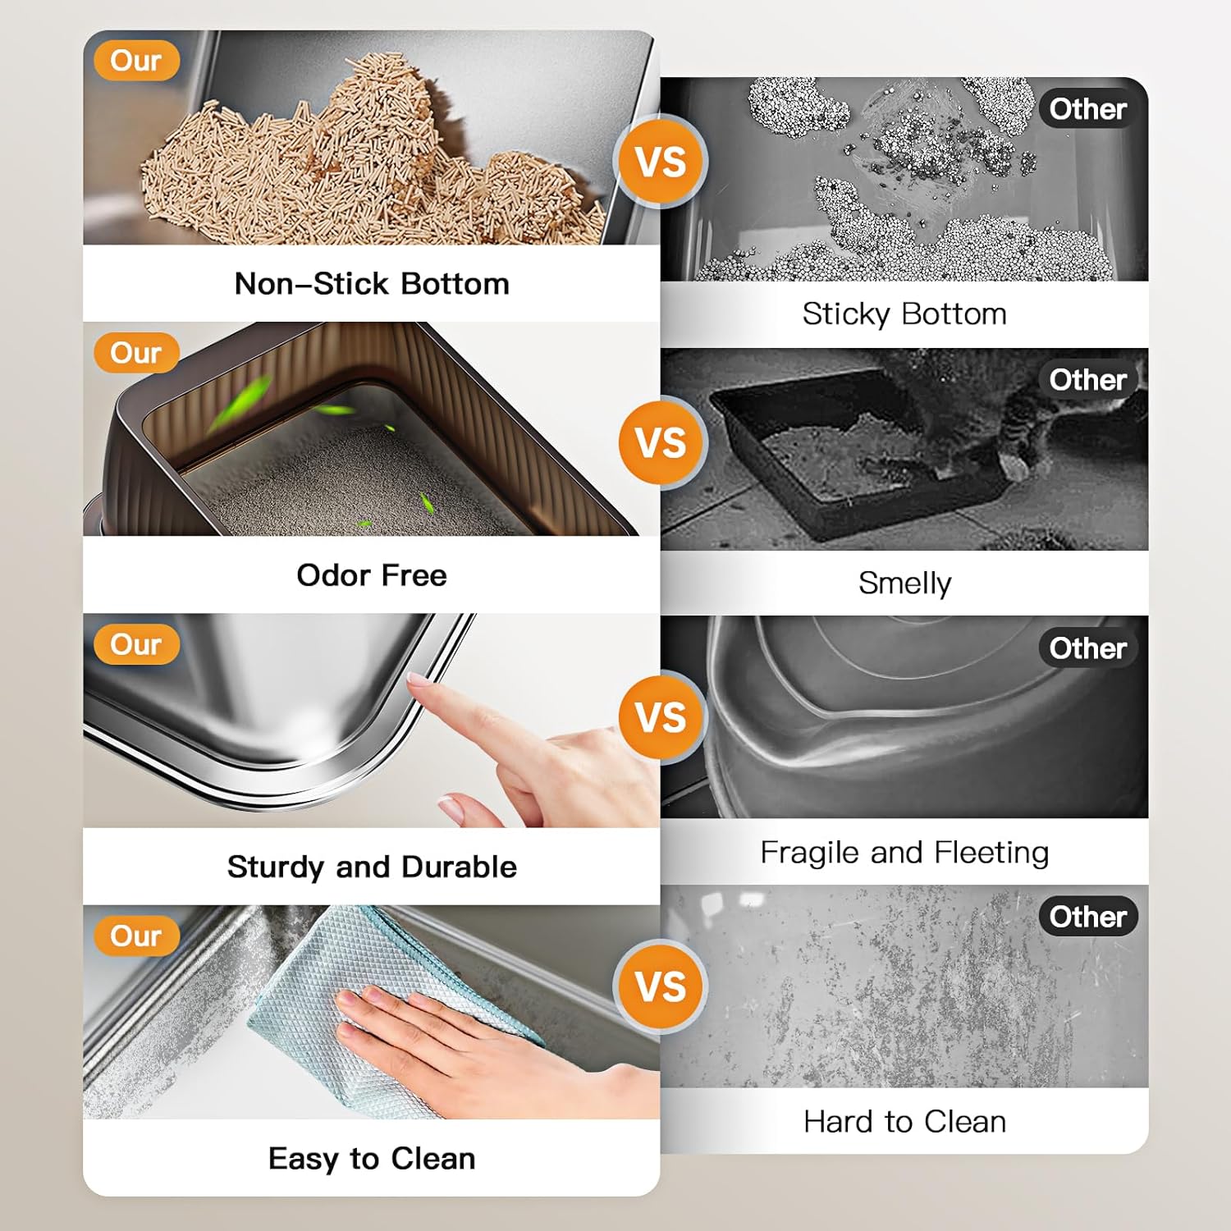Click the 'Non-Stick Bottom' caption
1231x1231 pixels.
click(372, 284)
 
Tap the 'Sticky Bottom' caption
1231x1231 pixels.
click(904, 314)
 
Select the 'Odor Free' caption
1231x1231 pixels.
click(372, 575)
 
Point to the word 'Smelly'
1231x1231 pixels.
click(905, 583)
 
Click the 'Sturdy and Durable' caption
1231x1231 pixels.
click(372, 867)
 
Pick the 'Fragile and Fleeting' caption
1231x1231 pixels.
click(904, 853)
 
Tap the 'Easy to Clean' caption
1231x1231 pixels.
click(372, 1159)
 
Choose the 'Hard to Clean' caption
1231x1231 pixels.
click(904, 1122)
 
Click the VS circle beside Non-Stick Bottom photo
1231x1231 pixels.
click(661, 162)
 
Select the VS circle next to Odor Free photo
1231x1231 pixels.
click(661, 443)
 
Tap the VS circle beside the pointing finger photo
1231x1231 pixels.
click(661, 717)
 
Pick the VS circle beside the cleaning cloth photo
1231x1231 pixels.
click(661, 986)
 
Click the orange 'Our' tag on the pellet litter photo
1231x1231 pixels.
click(136, 61)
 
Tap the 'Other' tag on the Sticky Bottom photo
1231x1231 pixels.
click(1087, 109)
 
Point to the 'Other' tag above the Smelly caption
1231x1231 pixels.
click(1087, 380)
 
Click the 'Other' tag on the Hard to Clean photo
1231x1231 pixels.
click(1087, 917)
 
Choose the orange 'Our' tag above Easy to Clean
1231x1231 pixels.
click(136, 936)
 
